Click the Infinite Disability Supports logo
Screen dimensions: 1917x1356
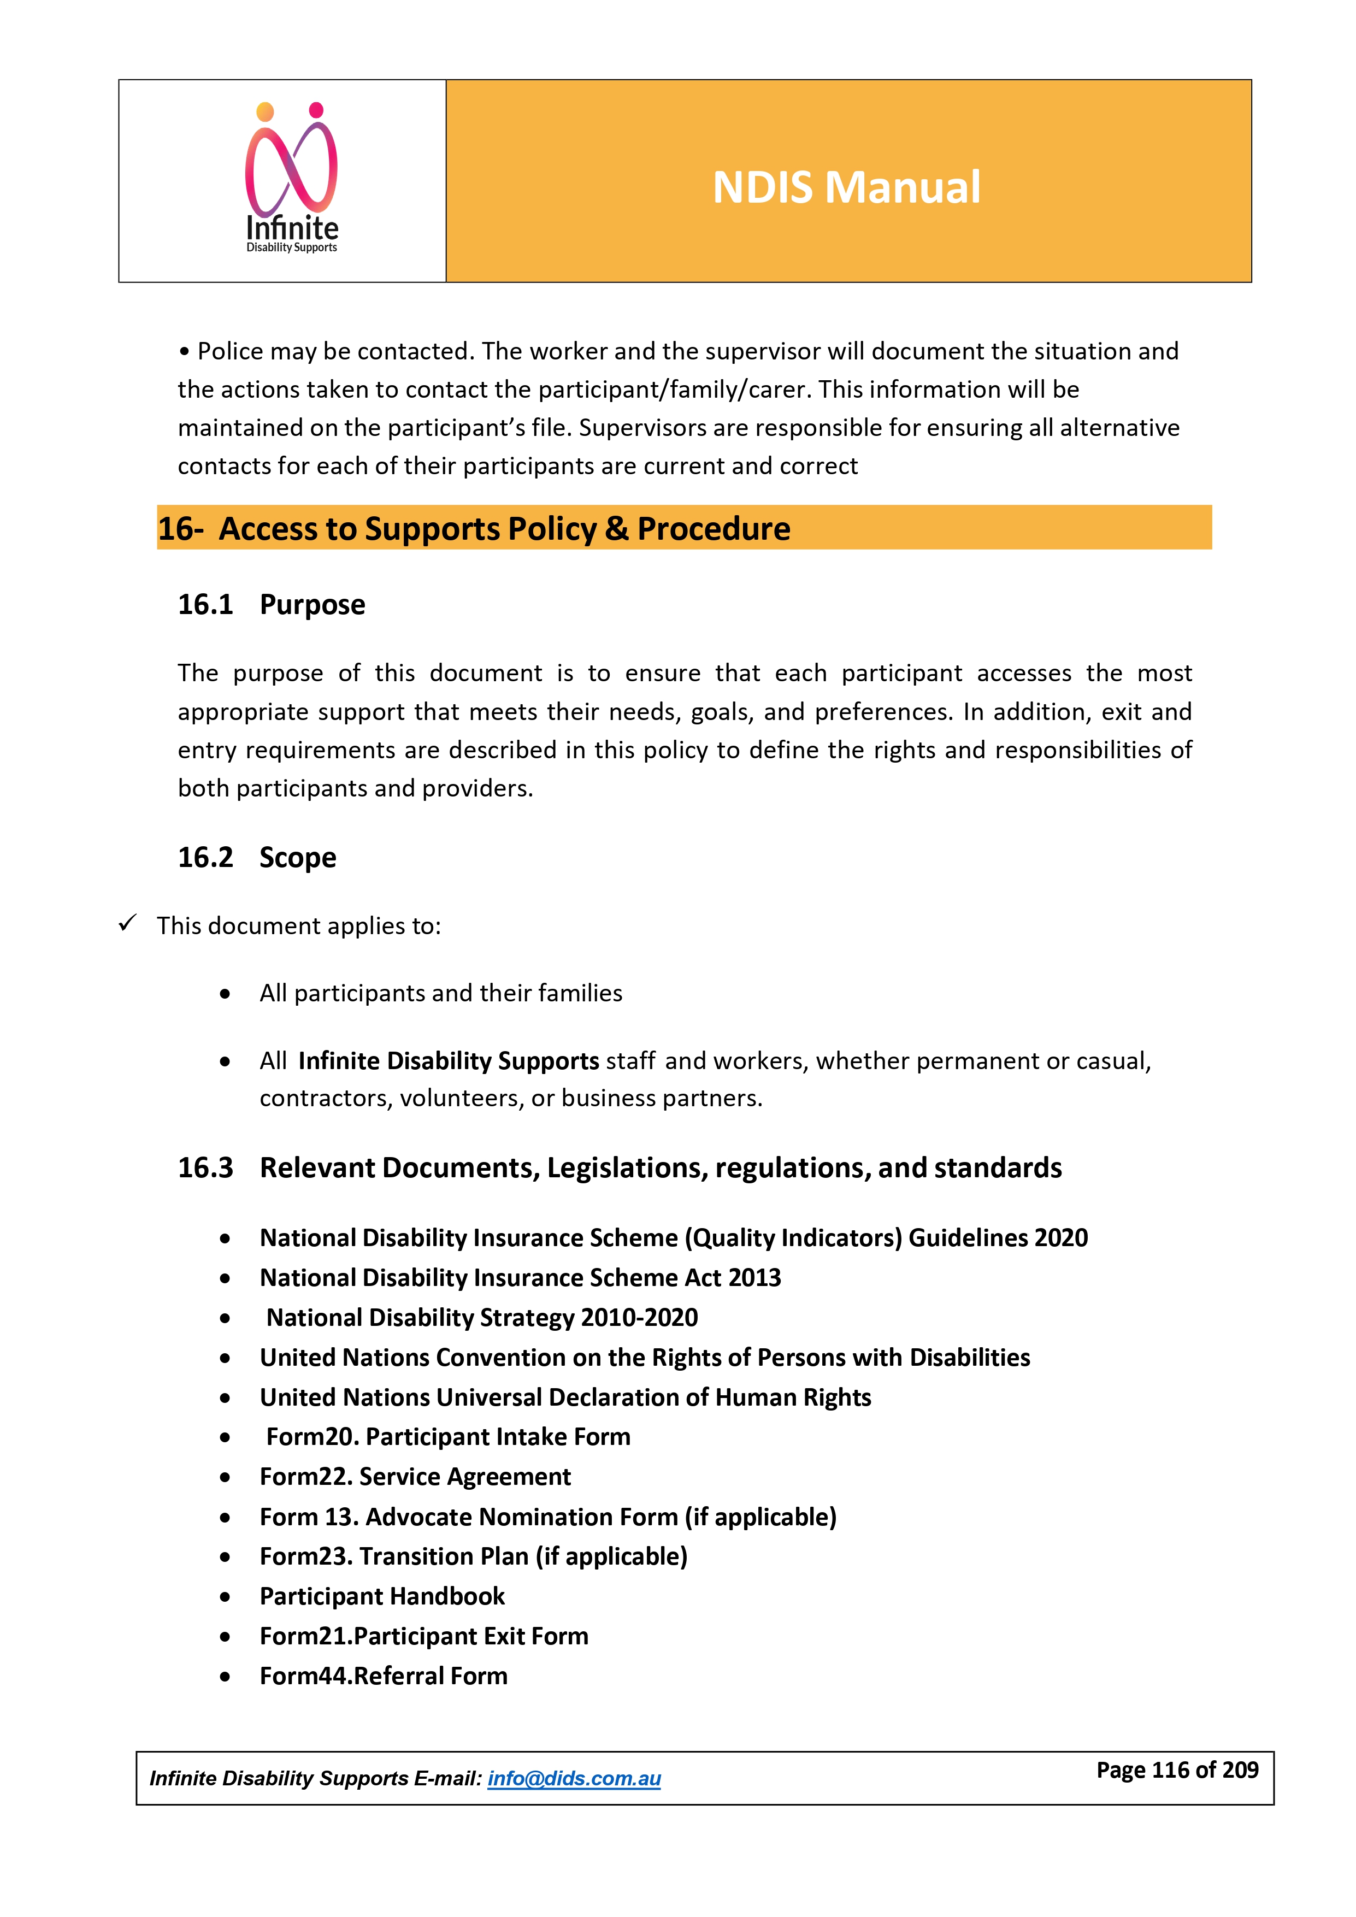coord(291,178)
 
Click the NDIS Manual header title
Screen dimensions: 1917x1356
coord(846,187)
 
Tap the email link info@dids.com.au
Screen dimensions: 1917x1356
coord(574,1778)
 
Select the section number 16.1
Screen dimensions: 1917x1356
coord(205,604)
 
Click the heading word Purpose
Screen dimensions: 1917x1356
coord(313,604)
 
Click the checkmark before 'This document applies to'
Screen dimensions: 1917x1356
coord(127,923)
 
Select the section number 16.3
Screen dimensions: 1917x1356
coord(205,1167)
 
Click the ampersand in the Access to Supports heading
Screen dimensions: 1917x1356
coord(616,528)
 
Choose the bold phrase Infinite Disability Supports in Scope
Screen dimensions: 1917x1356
coord(449,1060)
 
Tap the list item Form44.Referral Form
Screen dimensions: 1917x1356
coord(384,1676)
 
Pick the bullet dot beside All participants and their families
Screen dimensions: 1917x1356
coord(225,994)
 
